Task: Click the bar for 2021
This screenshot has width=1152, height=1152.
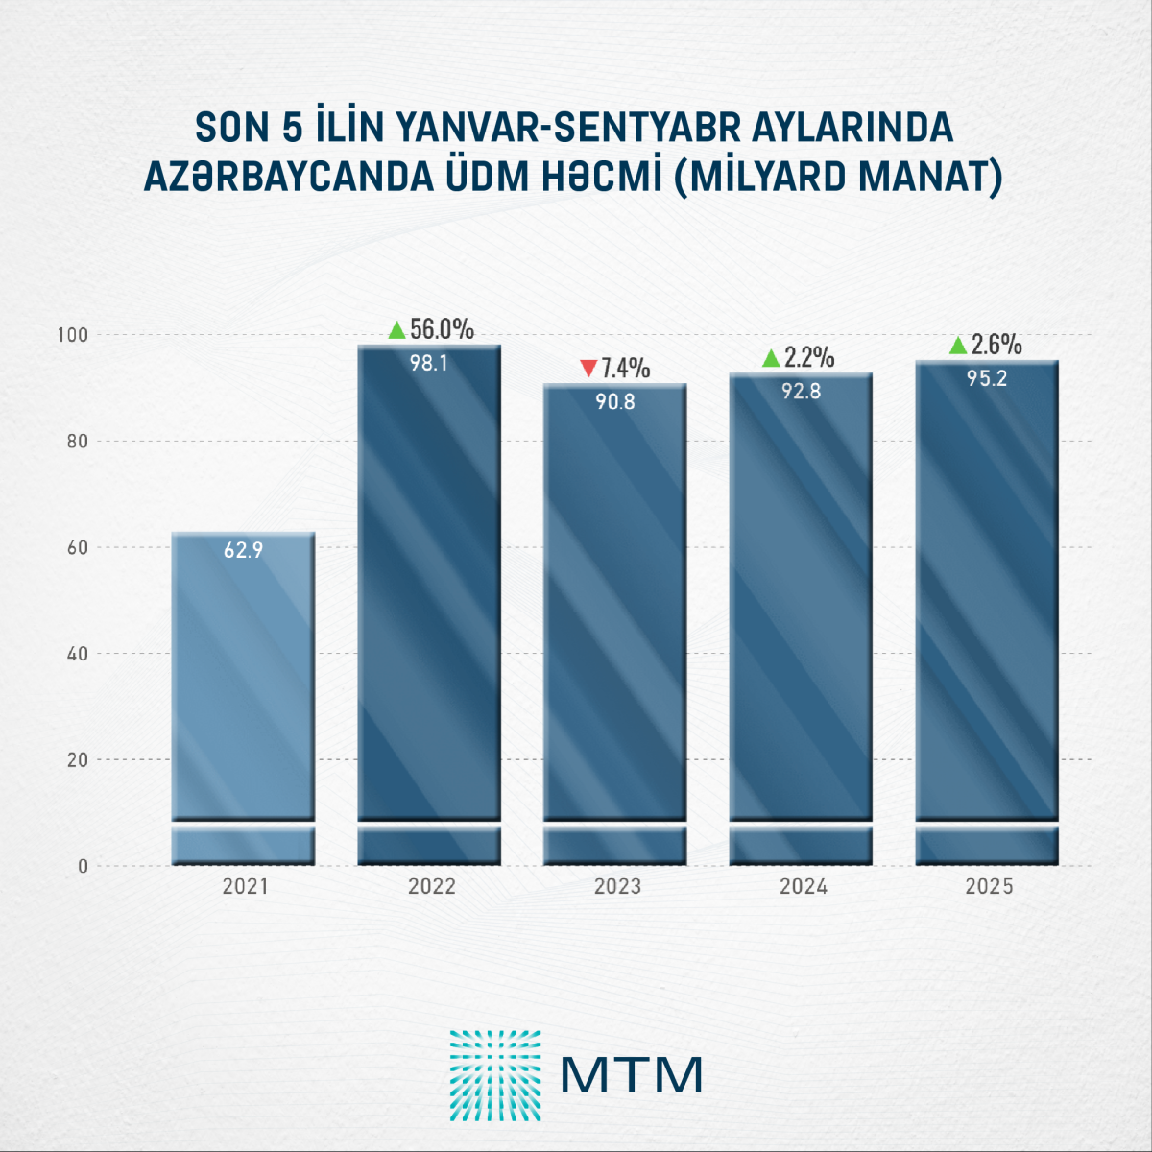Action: (x=244, y=691)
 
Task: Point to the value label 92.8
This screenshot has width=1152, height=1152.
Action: (x=801, y=392)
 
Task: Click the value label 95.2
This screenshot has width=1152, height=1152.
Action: (x=987, y=378)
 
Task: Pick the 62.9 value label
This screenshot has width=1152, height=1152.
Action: (x=244, y=550)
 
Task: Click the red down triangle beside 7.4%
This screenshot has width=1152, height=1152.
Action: (x=588, y=369)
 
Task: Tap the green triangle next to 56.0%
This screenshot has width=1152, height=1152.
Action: (x=397, y=330)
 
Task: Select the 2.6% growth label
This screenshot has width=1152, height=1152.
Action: (x=996, y=345)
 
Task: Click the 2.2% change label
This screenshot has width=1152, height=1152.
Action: (x=809, y=358)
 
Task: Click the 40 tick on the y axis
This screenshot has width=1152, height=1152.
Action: (x=77, y=654)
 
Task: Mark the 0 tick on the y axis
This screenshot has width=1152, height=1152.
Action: (x=83, y=866)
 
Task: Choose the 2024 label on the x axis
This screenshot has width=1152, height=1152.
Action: (x=804, y=886)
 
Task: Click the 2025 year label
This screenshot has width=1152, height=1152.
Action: (x=989, y=886)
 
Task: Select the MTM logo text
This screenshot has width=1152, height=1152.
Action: (x=631, y=1074)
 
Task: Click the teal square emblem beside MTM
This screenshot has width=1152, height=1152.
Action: (x=495, y=1075)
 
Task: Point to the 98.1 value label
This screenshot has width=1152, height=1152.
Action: (x=429, y=364)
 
